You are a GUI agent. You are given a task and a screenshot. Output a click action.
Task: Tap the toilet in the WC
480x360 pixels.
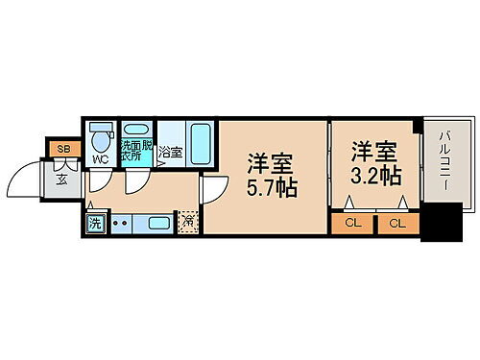pyautogui.click(x=101, y=135)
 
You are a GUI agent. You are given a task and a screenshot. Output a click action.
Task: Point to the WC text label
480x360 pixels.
pyautogui.click(x=99, y=159)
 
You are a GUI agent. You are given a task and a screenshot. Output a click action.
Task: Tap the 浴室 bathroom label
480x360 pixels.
pyautogui.click(x=170, y=152)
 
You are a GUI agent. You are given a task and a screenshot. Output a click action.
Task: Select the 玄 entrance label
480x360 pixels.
pyautogui.click(x=61, y=178)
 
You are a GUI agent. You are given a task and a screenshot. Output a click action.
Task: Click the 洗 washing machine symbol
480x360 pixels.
pyautogui.click(x=95, y=223)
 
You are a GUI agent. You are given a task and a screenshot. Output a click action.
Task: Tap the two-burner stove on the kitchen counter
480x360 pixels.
pyautogui.click(x=122, y=223)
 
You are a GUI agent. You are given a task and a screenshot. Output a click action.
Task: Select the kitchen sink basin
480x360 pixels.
pyautogui.click(x=158, y=223)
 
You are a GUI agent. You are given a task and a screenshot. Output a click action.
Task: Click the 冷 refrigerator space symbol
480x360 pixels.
pyautogui.click(x=189, y=222)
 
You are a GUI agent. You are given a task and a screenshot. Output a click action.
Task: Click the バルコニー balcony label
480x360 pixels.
pyautogui.click(x=446, y=158)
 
